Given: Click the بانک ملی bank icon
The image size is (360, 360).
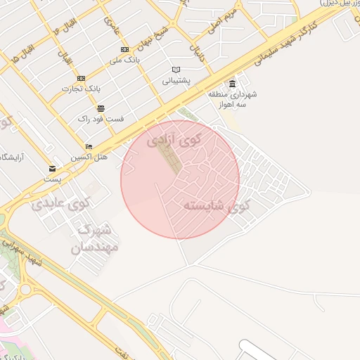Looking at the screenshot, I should pyautogui.click(x=124, y=49).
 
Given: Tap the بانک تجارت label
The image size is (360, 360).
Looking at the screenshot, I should pyautogui.click(x=79, y=89).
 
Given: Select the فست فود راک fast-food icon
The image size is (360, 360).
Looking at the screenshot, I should pyautogui.click(x=101, y=108).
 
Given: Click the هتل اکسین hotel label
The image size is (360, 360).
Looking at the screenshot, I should pyautogui.click(x=89, y=157).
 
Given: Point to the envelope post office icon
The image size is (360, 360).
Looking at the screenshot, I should pyautogui.click(x=53, y=169).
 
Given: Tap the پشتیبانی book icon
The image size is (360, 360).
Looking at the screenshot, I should pyautogui.click(x=176, y=70).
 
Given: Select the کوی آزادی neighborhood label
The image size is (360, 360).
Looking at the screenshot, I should pyautogui.click(x=174, y=139).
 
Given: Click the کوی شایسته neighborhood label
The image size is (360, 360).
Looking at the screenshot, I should pyautogui.click(x=216, y=206).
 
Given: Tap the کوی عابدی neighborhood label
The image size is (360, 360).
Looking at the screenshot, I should pyautogui.click(x=60, y=205).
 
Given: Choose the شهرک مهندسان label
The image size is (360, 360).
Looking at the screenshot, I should pyautogui.click(x=95, y=238).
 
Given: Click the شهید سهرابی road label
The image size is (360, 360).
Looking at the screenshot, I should pyautogui.click(x=25, y=257).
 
